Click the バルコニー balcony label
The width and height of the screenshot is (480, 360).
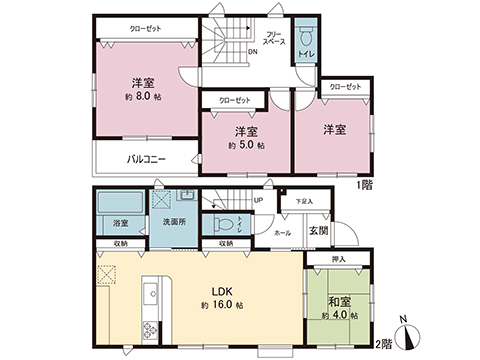tap(146, 159)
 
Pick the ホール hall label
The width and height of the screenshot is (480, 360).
tap(283, 232)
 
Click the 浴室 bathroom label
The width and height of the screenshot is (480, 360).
tap(120, 222)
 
